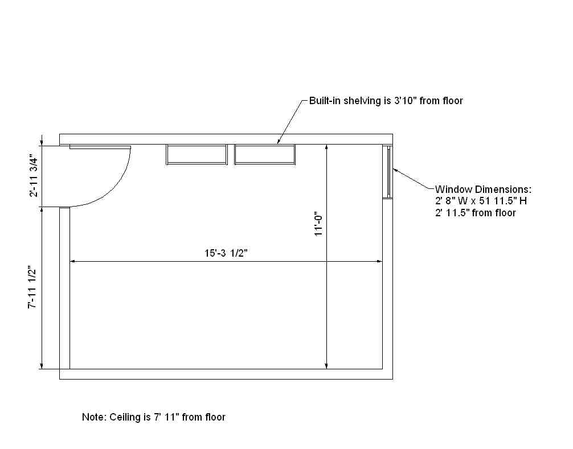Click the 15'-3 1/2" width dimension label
pos(226,253)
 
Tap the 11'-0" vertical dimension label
pos(319,224)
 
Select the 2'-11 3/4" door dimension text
pos(34,176)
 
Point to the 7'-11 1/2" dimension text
pos(32,287)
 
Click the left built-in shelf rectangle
pos(197,155)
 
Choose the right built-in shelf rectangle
pos(265,155)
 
